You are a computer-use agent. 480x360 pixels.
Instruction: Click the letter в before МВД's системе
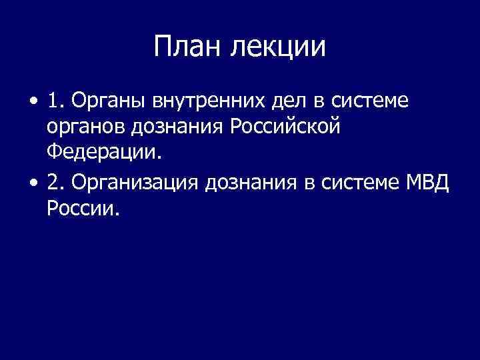coord(309,184)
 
